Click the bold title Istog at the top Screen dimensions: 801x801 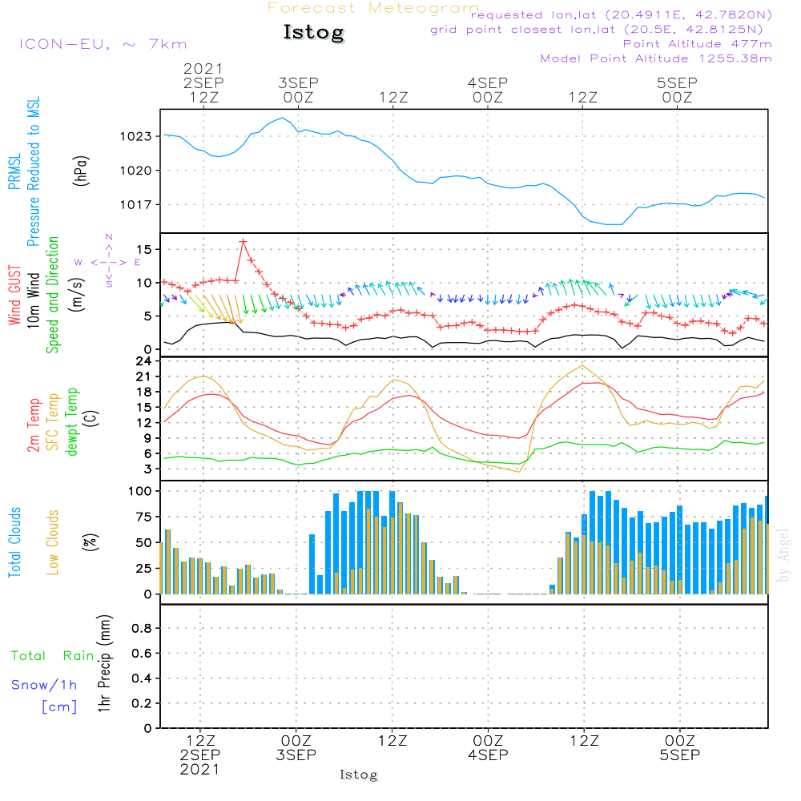point(314,32)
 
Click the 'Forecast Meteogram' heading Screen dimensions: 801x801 point(373,8)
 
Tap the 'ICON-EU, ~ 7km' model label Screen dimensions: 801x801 point(103,44)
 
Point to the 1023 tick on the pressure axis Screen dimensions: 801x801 point(135,136)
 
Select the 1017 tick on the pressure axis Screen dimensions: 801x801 point(135,205)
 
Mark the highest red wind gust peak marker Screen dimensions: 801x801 point(244,242)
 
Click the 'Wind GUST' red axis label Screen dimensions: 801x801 point(14,295)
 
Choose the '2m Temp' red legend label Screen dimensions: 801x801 point(33,425)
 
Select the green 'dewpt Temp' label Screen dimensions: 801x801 point(71,421)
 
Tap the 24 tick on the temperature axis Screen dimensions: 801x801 point(143,361)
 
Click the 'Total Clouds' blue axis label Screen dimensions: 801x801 point(14,542)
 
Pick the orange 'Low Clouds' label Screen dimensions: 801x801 point(53,542)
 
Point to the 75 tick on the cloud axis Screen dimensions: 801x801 point(143,517)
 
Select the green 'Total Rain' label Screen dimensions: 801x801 point(53,656)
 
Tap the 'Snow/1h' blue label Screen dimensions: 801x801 point(44,685)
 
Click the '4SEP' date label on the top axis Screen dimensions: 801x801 point(488,83)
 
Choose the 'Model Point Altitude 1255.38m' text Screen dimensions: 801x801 point(656,58)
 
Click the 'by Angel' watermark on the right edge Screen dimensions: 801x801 point(783,555)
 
